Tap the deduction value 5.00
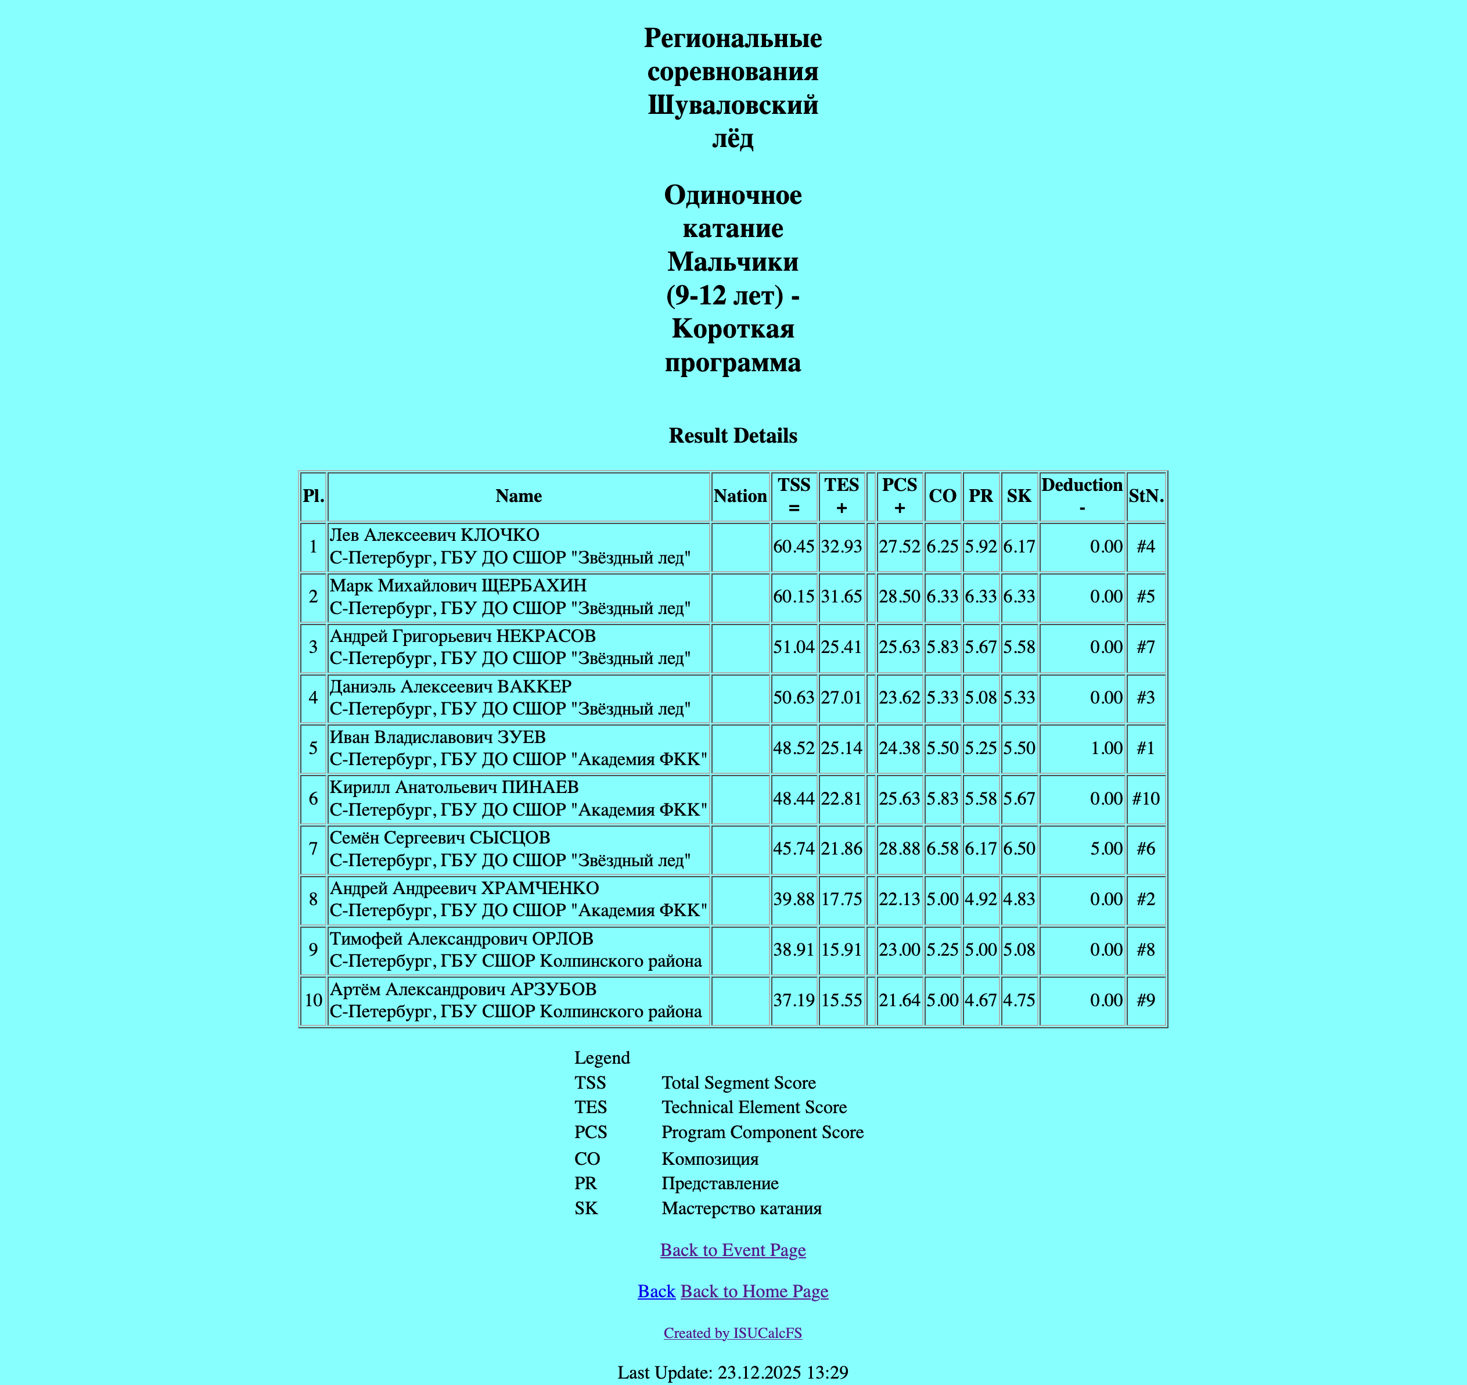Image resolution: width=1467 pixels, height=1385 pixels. pyautogui.click(x=1106, y=849)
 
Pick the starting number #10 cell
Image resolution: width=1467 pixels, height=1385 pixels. pyautogui.click(x=1145, y=798)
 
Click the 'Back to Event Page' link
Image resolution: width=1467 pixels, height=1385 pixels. pyautogui.click(x=733, y=1250)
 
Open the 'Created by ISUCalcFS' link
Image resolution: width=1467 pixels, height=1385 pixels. pyautogui.click(x=733, y=1333)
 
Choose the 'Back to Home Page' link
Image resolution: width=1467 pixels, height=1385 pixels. pyautogui.click(x=754, y=1291)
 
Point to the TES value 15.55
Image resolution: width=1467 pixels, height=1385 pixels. pyautogui.click(x=842, y=1000)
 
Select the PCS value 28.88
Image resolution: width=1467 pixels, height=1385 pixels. pyautogui.click(x=899, y=849)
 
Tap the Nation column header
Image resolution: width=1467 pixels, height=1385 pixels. pyautogui.click(x=740, y=496)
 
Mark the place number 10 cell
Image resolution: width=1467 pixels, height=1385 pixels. pyautogui.click(x=313, y=1000)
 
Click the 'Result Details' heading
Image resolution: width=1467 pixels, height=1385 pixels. pyautogui.click(x=733, y=436)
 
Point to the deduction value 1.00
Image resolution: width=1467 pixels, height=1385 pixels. pyautogui.click(x=1106, y=748)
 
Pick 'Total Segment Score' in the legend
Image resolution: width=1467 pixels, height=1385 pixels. pyautogui.click(x=739, y=1083)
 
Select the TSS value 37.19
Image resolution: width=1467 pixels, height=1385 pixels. pyautogui.click(x=793, y=1000)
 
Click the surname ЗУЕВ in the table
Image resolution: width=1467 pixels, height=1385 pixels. pyautogui.click(x=522, y=737)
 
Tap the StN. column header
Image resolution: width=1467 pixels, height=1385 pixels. pyautogui.click(x=1145, y=496)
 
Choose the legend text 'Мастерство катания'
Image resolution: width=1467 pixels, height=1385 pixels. pyautogui.click(x=742, y=1208)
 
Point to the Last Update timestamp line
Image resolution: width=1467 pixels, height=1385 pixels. pyautogui.click(x=733, y=1372)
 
